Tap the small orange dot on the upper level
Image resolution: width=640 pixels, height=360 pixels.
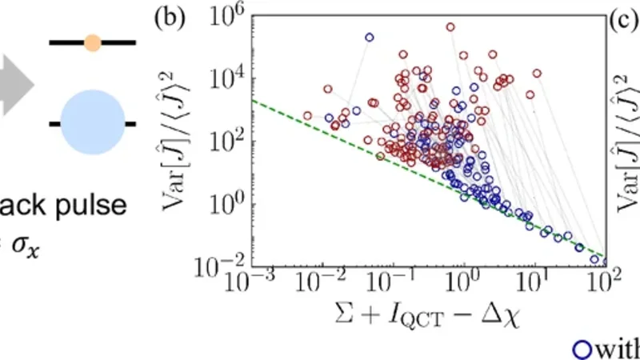click(92, 42)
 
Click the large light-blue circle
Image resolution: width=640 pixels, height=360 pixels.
click(92, 123)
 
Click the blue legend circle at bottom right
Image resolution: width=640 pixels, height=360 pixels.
click(582, 349)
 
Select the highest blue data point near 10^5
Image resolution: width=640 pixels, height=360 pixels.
click(369, 37)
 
